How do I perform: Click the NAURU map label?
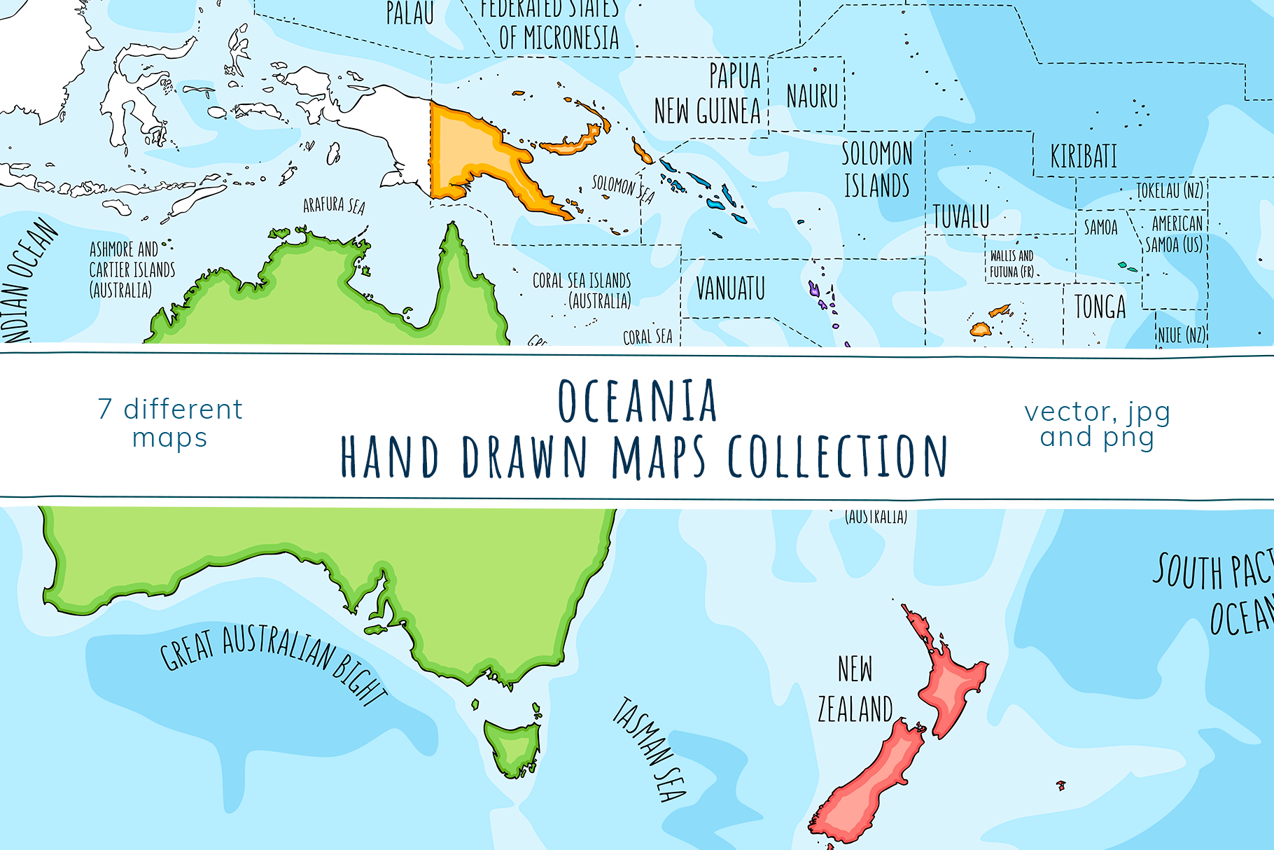pos(812,96)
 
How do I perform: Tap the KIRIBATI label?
pos(1083,156)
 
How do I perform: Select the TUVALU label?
pos(961,217)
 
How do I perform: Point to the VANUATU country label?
pos(730,288)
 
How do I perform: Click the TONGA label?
pos(1100,307)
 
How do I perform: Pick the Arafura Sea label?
pos(334,205)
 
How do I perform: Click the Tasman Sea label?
pos(649,749)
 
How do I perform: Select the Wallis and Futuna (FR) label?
pos(1011,264)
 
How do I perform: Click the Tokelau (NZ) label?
pos(1169,190)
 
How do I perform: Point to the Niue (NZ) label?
pos(1181,335)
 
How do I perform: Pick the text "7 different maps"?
pos(170,423)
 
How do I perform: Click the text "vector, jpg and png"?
pos(1097,424)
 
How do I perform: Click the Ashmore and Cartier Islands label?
pos(132,270)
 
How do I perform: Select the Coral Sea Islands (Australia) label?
pos(582,291)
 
